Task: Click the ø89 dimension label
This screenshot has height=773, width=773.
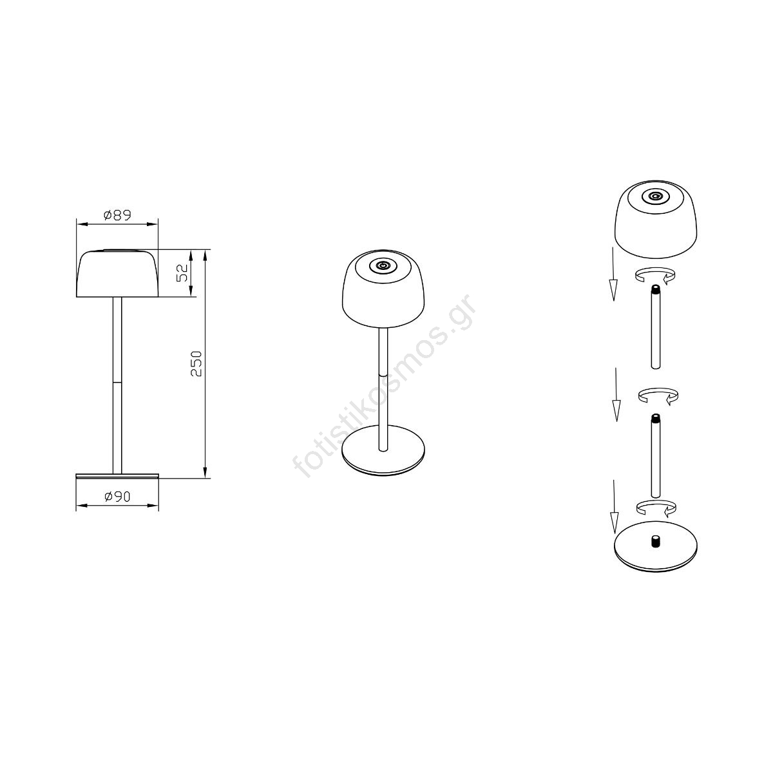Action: point(117,215)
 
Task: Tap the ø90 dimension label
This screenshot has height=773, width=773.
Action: point(117,497)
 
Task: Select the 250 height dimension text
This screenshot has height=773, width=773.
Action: point(196,363)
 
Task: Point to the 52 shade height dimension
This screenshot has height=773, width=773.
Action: point(182,272)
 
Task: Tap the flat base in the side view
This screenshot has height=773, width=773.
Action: point(117,476)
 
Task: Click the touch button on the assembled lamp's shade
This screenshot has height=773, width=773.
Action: point(383,265)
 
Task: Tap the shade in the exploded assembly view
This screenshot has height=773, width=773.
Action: point(656,220)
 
